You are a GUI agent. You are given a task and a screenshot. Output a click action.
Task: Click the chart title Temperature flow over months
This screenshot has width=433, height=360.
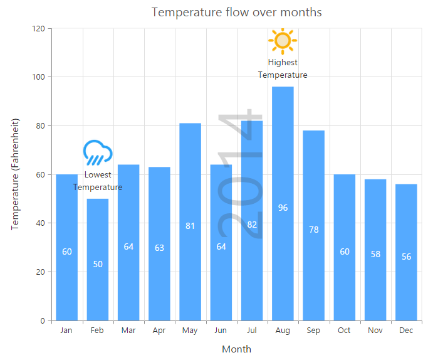click(236, 13)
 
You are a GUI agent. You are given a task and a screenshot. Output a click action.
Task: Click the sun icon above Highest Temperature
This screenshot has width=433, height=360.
click(283, 41)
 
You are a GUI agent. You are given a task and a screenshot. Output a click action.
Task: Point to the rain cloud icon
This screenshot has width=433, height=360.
click(98, 152)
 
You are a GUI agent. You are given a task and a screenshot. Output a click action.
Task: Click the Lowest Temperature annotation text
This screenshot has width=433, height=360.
click(98, 181)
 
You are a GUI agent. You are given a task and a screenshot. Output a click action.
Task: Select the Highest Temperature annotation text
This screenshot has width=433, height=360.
click(283, 68)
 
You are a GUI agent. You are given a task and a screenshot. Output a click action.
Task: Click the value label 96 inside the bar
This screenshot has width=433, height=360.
click(283, 208)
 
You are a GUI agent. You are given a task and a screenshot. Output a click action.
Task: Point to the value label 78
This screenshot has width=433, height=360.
click(313, 230)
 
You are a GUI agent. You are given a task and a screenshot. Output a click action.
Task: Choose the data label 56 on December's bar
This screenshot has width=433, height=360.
click(406, 257)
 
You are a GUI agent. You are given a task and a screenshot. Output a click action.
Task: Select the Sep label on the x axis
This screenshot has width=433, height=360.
click(313, 331)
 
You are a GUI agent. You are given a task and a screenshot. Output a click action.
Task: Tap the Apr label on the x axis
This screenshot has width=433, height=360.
click(159, 331)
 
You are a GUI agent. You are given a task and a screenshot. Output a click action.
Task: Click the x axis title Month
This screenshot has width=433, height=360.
click(236, 349)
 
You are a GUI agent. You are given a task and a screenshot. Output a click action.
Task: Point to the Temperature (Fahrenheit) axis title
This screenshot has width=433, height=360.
click(16, 174)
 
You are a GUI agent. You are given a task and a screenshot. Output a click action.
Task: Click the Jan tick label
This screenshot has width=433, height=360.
click(66, 331)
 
